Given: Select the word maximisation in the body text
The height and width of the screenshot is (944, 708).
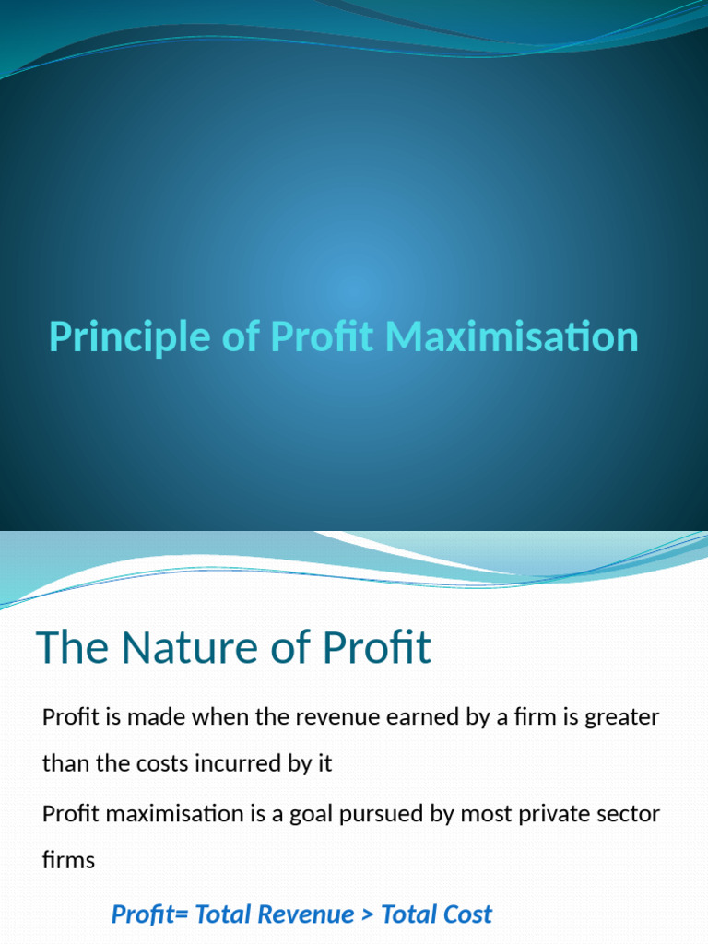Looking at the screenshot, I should (152, 814).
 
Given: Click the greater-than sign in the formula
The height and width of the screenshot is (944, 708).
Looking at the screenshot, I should (367, 914).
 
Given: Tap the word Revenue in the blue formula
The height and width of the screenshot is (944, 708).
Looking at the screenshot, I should (307, 914).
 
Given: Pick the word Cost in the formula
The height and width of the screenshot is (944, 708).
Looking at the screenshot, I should (467, 914).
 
